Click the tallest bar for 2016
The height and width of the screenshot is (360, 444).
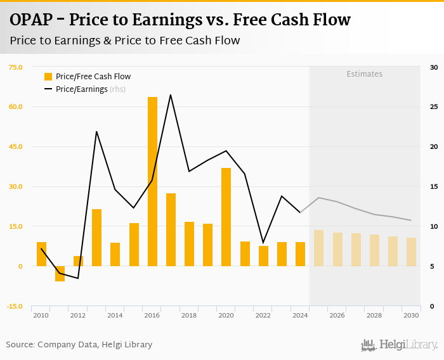click(152, 181)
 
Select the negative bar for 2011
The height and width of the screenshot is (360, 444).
click(60, 273)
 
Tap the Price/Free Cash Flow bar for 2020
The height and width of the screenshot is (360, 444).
click(226, 217)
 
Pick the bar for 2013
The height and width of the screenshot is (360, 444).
click(97, 238)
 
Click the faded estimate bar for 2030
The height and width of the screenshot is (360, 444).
click(411, 252)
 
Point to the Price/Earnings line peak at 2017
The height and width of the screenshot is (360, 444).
click(171, 95)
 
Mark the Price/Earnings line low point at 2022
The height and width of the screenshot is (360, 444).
click(263, 242)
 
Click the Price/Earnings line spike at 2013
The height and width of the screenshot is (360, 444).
click(96, 132)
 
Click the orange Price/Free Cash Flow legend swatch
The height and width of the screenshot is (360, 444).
click(48, 77)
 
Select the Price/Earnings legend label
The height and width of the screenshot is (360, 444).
click(82, 89)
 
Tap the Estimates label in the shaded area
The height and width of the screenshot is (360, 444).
click(364, 74)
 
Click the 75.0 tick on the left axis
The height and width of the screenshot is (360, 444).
click(15, 67)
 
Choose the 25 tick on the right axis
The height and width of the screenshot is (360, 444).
click(434, 107)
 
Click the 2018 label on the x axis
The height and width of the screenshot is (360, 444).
click(189, 315)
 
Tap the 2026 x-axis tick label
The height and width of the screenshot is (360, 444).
click(337, 315)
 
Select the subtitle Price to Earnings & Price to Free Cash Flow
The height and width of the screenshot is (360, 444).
click(125, 41)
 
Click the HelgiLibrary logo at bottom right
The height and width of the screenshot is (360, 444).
click(399, 345)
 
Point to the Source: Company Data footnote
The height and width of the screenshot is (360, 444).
click(79, 345)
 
